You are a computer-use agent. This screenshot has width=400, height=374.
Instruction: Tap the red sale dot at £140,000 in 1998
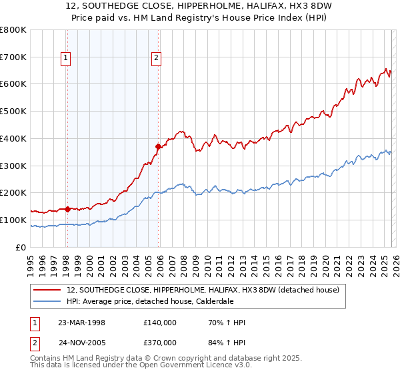click(68, 209)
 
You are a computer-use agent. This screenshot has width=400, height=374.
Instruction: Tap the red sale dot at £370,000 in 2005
click(158, 146)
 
